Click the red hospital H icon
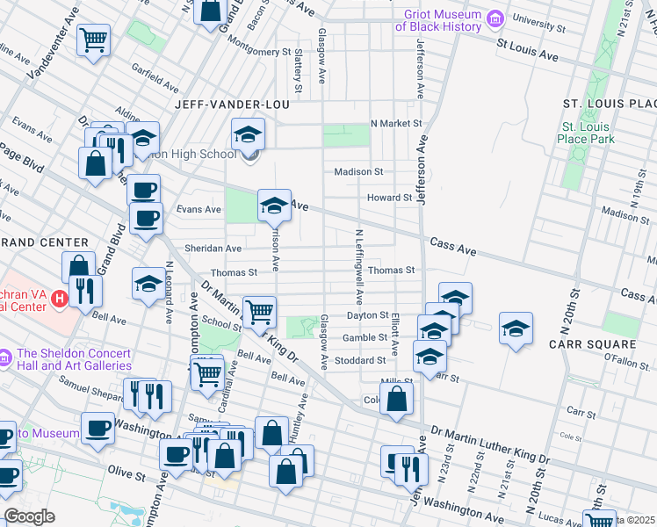click(x=60, y=299)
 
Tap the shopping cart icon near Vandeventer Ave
click(x=92, y=40)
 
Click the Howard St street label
click(x=389, y=199)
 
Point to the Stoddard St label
click(x=361, y=360)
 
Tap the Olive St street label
click(x=126, y=475)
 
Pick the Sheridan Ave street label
click(x=213, y=249)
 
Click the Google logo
click(x=30, y=516)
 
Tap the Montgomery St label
click(x=257, y=53)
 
